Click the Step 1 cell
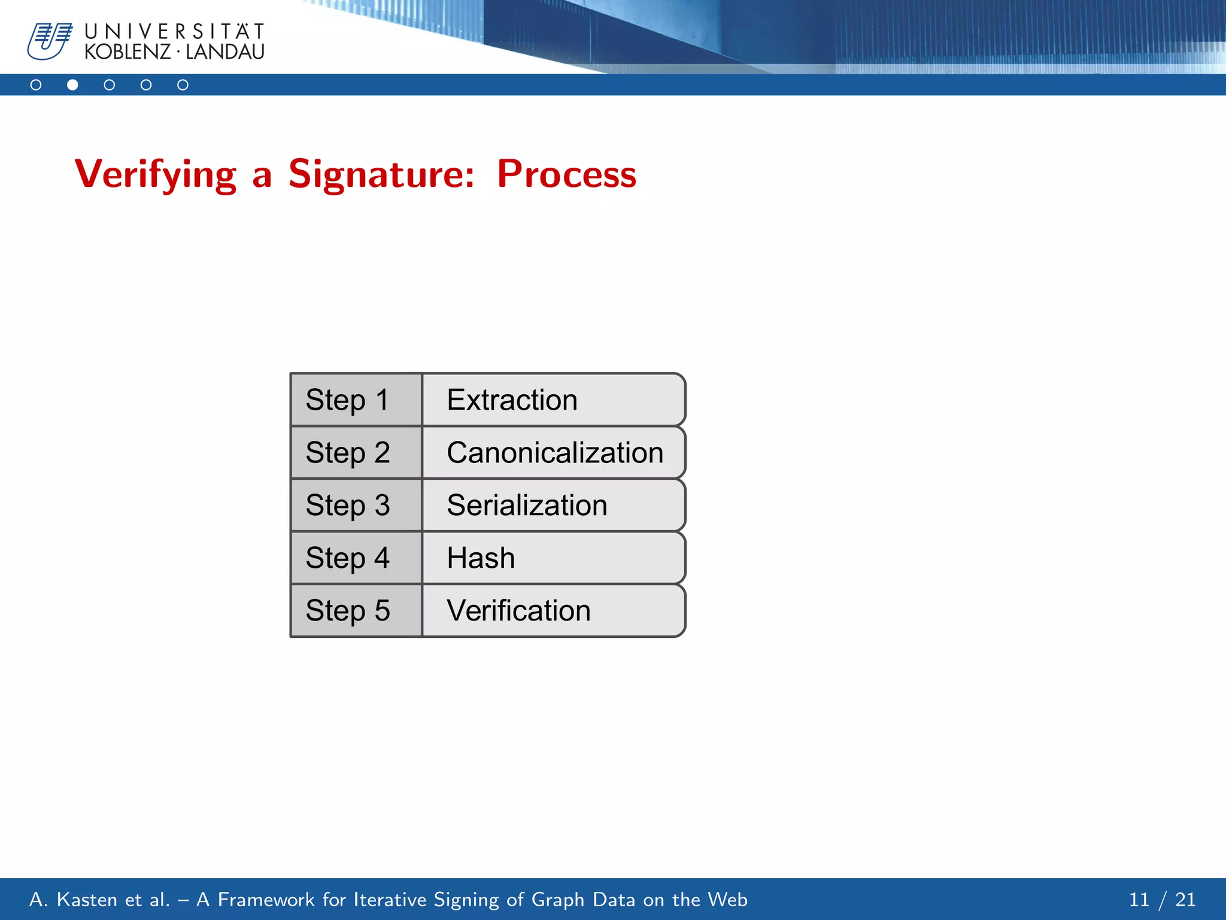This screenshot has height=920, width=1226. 356,400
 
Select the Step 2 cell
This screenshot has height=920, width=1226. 356,453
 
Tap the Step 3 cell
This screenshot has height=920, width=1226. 356,506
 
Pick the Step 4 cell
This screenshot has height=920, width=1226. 356,558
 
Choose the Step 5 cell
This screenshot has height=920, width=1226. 356,611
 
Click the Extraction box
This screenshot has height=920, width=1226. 553,400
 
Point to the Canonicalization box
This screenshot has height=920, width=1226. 554,453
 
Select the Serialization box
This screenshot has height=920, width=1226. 553,506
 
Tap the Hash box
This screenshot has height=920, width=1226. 553,558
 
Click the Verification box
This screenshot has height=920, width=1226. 553,611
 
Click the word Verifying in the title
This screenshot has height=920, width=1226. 156,175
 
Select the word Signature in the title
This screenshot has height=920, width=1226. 381,175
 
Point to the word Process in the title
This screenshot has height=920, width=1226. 566,175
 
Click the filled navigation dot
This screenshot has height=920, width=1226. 72,85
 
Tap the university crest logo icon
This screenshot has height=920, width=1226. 50,41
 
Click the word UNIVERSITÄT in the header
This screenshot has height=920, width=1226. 174,31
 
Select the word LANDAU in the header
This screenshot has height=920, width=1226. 224,52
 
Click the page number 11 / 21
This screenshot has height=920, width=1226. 1161,900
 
